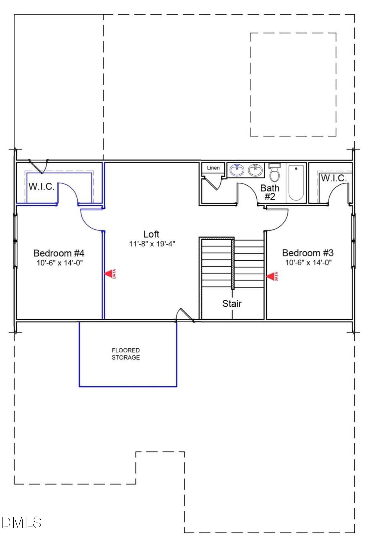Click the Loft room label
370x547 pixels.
(151, 234)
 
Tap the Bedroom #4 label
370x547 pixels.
(59, 253)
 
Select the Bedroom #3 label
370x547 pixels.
(308, 253)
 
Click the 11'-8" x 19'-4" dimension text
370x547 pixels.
(152, 244)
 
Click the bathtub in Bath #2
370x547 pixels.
(296, 183)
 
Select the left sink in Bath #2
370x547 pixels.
(237, 170)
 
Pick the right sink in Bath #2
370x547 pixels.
(255, 170)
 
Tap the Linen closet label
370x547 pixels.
(213, 168)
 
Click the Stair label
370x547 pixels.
(232, 303)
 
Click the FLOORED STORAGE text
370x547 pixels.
(126, 354)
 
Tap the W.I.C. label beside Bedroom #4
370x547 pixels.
(42, 186)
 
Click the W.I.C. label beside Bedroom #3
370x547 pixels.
(334, 178)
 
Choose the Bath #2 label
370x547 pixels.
(269, 192)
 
